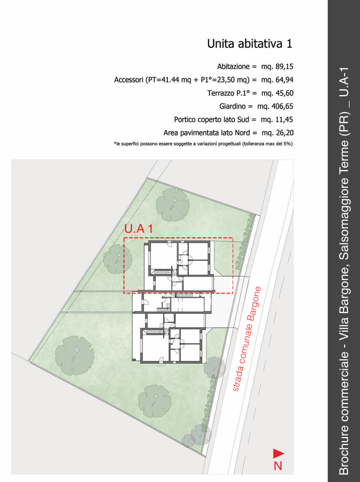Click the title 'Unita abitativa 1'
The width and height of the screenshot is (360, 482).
[x=250, y=44]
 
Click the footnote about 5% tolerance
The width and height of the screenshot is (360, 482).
[x=204, y=143]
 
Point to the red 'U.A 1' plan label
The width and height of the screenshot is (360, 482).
[x=139, y=229]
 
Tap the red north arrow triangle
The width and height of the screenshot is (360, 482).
[x=278, y=454]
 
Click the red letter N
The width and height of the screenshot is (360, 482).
[x=278, y=465]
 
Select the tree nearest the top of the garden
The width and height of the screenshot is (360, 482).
[x=172, y=205]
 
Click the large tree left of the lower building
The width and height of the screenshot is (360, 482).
[x=75, y=355]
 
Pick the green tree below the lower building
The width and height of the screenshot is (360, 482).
[x=155, y=401]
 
